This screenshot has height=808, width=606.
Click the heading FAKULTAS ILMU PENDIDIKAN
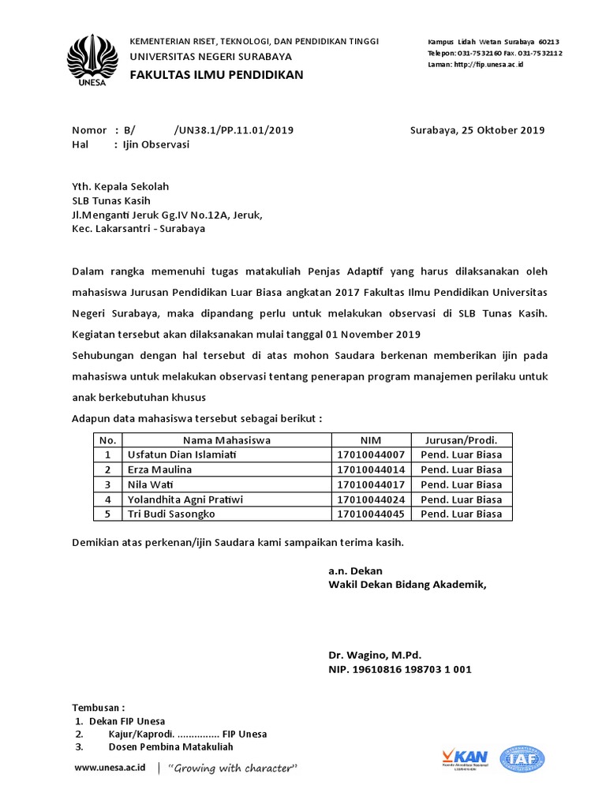[216, 75]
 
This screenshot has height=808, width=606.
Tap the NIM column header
[371, 440]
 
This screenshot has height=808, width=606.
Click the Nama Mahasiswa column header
[227, 440]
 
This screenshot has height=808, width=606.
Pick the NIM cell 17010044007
[371, 455]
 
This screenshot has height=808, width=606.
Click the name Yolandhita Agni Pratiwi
[185, 499]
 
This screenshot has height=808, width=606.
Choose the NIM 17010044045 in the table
[371, 514]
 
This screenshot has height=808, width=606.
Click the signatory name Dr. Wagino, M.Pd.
[375, 655]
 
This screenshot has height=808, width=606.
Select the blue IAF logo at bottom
[523, 759]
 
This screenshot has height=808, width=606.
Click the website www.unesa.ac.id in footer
[110, 768]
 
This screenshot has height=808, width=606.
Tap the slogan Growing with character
[234, 768]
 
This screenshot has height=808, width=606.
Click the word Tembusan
[98, 707]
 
